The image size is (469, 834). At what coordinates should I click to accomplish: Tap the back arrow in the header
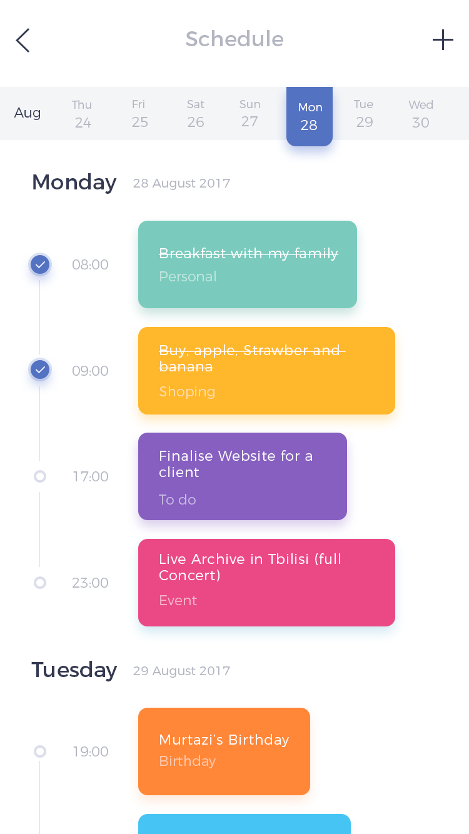point(23,40)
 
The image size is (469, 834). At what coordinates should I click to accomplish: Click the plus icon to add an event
point(443,40)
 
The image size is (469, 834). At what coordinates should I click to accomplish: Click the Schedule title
point(234,39)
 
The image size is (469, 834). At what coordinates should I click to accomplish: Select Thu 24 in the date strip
point(83,114)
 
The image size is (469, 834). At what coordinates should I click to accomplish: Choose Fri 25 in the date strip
point(139,114)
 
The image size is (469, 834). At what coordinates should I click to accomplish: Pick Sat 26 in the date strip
point(196,114)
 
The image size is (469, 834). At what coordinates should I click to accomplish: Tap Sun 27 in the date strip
point(250,113)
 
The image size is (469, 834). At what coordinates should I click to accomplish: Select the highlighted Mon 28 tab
point(310,116)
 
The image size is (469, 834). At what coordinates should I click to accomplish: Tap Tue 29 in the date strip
point(364,114)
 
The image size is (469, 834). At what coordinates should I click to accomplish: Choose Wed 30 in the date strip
point(421,114)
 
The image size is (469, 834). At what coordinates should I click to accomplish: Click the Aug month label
point(27,113)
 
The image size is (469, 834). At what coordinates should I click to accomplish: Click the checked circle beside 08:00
point(40,264)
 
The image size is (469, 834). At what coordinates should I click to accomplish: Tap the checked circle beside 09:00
point(40,369)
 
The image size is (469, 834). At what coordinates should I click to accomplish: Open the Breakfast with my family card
point(248,264)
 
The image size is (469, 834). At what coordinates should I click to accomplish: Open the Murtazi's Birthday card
point(224,751)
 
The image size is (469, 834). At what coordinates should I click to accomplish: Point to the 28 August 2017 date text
point(181,183)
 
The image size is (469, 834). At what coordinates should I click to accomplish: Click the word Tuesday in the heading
point(74,670)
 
